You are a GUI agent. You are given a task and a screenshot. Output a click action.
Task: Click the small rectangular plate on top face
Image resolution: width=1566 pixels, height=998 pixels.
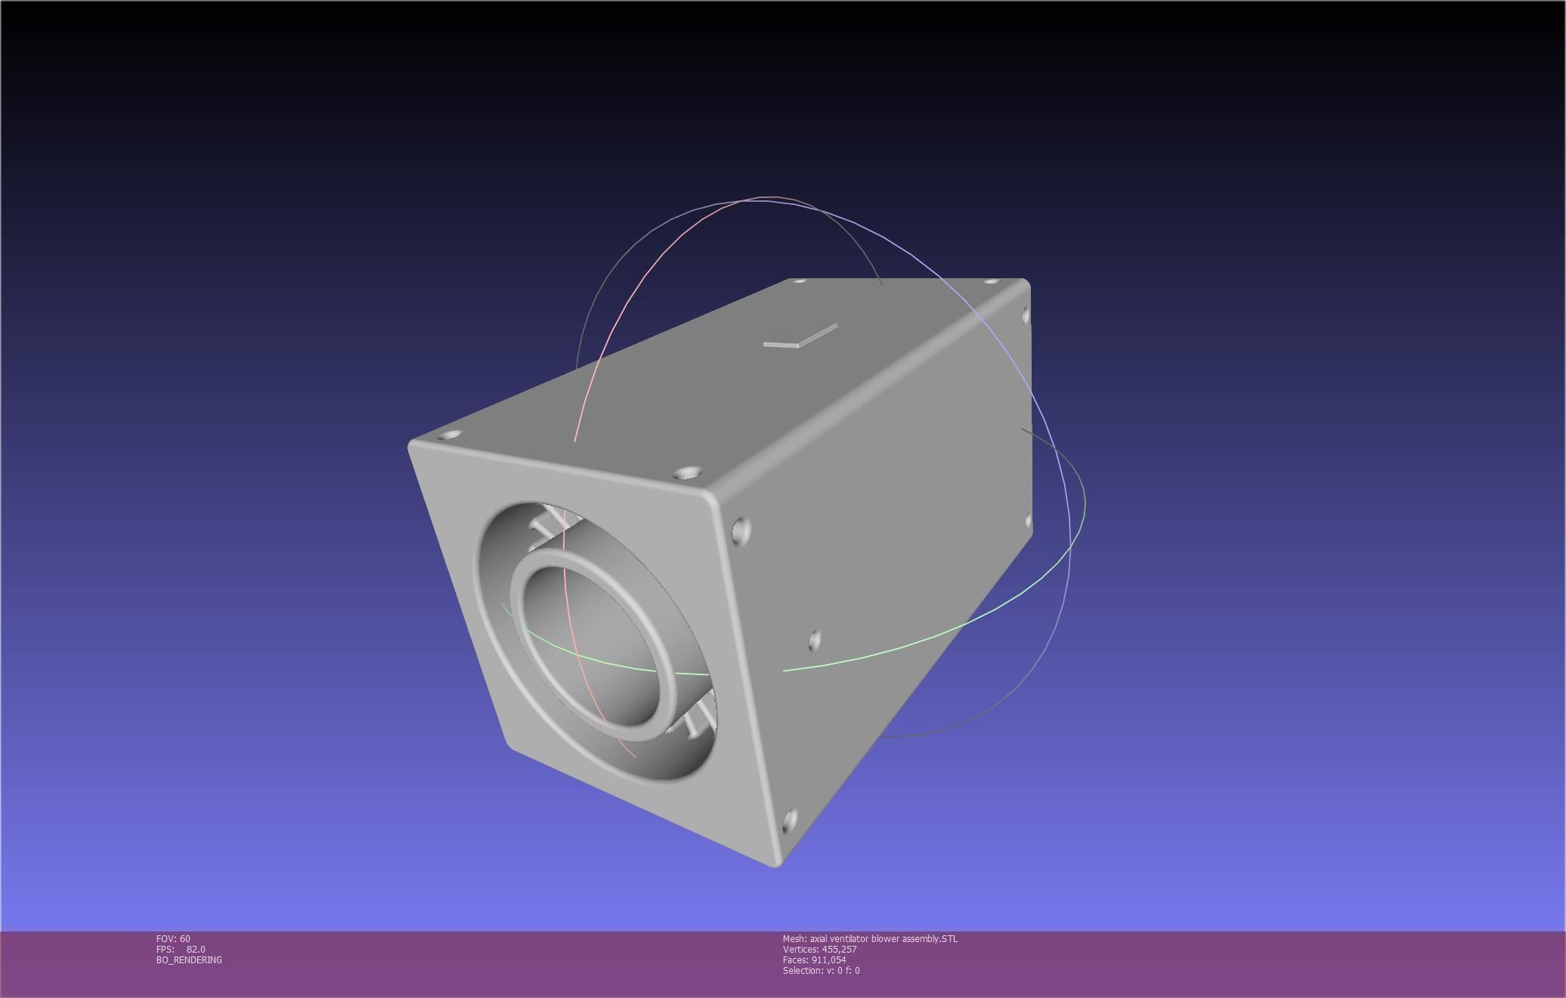point(800,336)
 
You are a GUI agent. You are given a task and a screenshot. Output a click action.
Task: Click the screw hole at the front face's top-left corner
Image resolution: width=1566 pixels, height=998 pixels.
point(450,435)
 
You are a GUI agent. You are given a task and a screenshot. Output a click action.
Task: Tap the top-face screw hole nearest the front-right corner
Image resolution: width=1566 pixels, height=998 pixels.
point(686,474)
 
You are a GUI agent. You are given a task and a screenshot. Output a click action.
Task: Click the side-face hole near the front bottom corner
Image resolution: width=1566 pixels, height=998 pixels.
point(790,821)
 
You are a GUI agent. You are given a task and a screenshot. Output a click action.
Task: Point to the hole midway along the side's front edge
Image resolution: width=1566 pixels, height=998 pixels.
point(814,640)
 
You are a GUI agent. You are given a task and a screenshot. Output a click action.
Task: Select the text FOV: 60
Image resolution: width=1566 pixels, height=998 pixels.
point(173,939)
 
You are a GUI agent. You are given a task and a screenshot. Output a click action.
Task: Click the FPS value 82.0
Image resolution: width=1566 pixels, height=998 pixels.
point(196,950)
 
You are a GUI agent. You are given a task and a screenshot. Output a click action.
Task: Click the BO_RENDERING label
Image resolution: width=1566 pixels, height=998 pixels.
point(189,960)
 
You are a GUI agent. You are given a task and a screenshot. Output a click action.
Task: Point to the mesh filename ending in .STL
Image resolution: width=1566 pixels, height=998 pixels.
point(870,939)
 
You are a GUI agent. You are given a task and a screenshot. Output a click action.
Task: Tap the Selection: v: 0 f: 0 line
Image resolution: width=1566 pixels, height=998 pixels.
point(821,971)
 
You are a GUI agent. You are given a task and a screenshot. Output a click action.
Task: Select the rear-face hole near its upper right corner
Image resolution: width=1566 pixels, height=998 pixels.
point(1026,315)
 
